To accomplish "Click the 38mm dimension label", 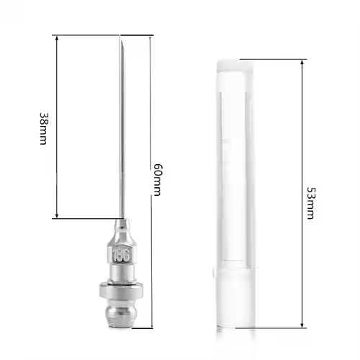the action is [42, 128].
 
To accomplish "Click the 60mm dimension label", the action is [157, 180].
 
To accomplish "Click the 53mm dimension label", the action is [311, 203].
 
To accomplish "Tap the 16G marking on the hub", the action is [122, 256].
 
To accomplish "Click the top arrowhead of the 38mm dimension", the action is [57, 38].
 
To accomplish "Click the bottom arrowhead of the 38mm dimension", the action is [57, 215].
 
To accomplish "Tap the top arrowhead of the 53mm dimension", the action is [302, 63].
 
